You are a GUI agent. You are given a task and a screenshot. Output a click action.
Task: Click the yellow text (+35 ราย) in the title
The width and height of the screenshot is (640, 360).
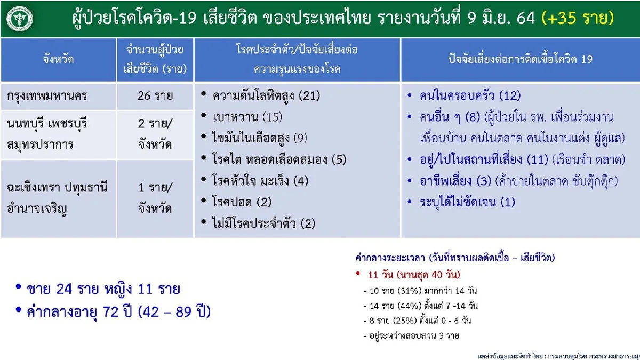[x=577, y=19]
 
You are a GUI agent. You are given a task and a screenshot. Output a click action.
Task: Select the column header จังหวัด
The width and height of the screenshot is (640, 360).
[x=58, y=59]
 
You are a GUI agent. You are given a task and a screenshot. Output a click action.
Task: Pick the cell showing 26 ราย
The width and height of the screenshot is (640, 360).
[x=155, y=97]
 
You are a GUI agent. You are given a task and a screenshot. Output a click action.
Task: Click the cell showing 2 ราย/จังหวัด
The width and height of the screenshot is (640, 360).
[x=155, y=134]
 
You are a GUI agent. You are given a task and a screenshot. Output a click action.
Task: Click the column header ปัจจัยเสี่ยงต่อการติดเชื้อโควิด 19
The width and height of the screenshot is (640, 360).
[x=520, y=59]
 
